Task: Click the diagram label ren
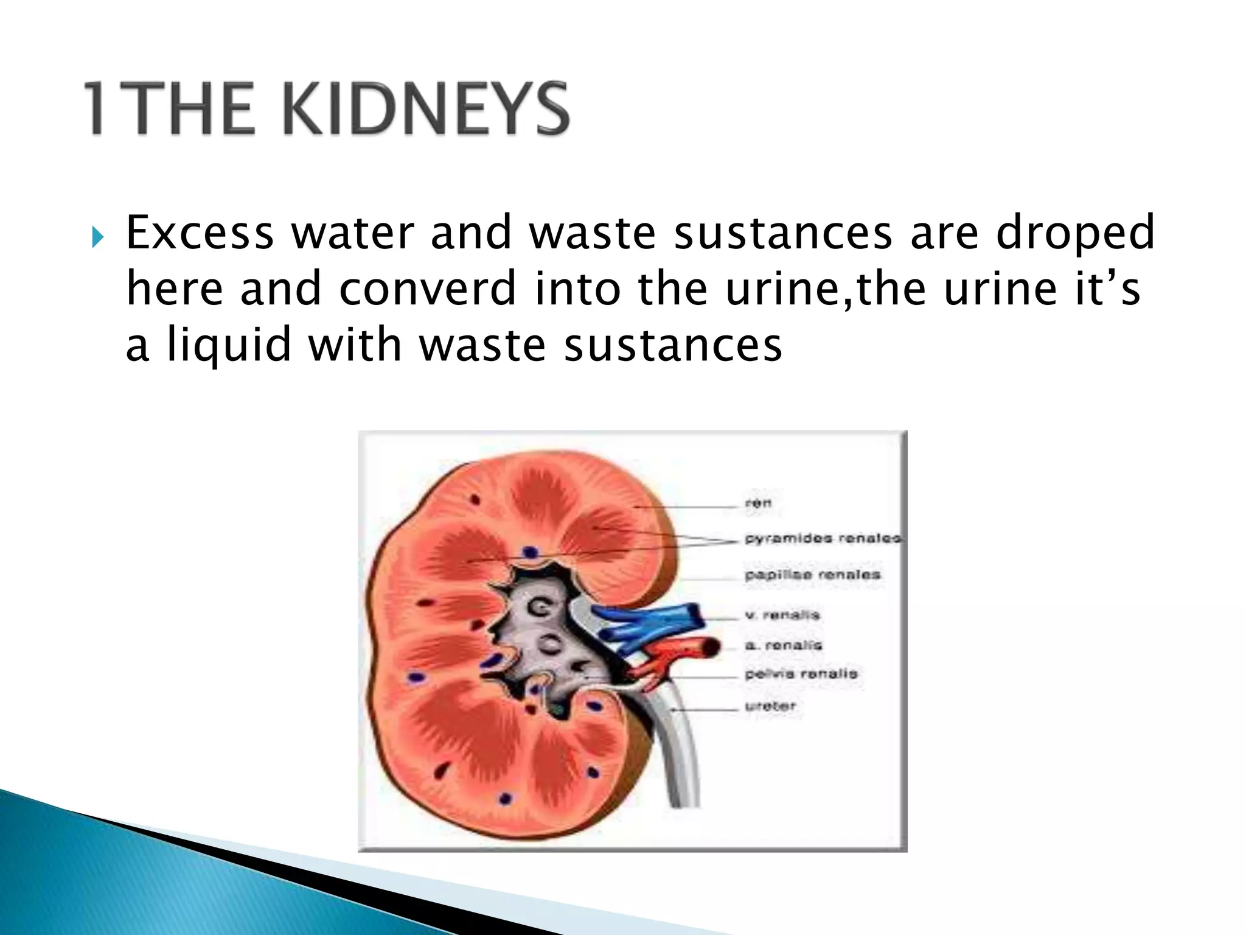[x=758, y=503]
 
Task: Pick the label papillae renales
[x=812, y=575]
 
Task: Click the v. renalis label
[x=782, y=615]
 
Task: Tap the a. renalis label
[x=784, y=645]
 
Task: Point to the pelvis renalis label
[x=801, y=674]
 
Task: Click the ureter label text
[x=770, y=706]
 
